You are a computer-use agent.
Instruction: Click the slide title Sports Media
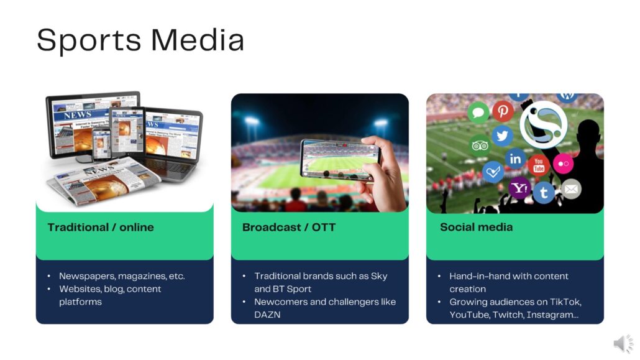click(140, 40)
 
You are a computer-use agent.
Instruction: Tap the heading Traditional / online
click(101, 227)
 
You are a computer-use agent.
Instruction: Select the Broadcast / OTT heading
click(288, 227)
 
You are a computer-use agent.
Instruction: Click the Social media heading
click(476, 227)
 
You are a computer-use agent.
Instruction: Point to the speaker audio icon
click(623, 343)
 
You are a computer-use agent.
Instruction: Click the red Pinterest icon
click(503, 110)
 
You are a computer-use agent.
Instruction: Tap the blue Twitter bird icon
click(503, 136)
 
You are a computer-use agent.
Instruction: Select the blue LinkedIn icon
click(515, 159)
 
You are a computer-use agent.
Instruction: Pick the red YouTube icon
click(539, 165)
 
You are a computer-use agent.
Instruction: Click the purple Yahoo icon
click(519, 188)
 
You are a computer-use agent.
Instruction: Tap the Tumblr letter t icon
click(544, 192)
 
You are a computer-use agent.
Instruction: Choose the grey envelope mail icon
click(571, 189)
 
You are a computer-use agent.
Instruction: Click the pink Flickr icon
click(564, 164)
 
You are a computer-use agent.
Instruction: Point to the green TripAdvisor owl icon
click(480, 145)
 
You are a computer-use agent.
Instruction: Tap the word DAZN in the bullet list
click(267, 315)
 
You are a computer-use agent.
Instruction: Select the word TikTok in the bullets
click(565, 302)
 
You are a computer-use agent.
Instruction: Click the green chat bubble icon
click(478, 113)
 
